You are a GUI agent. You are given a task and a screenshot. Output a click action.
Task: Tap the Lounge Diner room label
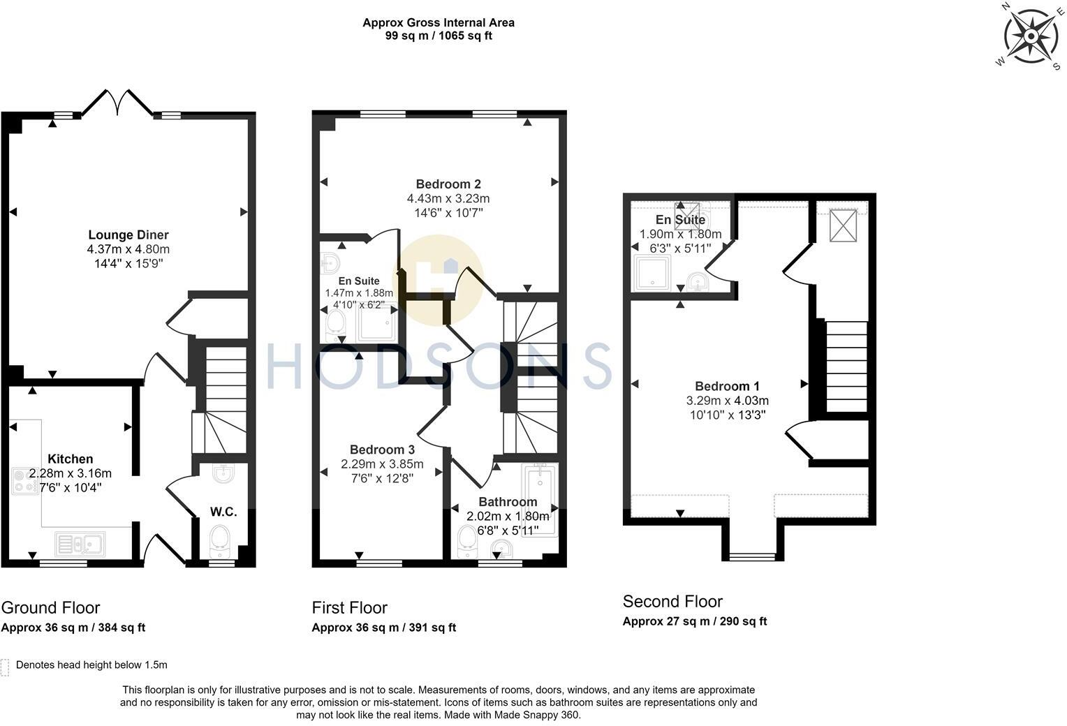pos(128,235)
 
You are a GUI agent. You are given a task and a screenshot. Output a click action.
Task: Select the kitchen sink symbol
pos(80,543)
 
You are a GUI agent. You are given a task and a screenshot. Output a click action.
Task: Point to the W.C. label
pos(223,512)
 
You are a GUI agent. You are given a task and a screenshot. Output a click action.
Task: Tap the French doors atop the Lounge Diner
pos(117,102)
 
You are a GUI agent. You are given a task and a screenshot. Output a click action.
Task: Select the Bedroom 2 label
pos(448,184)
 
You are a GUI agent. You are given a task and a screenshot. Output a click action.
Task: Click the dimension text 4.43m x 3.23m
pos(448,198)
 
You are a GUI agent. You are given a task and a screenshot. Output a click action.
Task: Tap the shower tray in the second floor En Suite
pos(652,273)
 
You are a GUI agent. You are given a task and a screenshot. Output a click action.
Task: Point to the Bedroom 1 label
pos(727,386)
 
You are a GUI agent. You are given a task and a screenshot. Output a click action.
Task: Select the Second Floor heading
pos(672,601)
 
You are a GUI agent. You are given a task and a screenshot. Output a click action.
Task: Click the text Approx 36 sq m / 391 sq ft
pos(383,628)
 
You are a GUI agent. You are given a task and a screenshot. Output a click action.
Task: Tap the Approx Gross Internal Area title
pos(438,22)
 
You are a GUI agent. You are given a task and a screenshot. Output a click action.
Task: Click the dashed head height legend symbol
pos(6,667)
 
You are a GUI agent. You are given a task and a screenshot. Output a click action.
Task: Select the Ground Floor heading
pos(51,607)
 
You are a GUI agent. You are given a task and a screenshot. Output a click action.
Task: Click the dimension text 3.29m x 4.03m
pos(727,401)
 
